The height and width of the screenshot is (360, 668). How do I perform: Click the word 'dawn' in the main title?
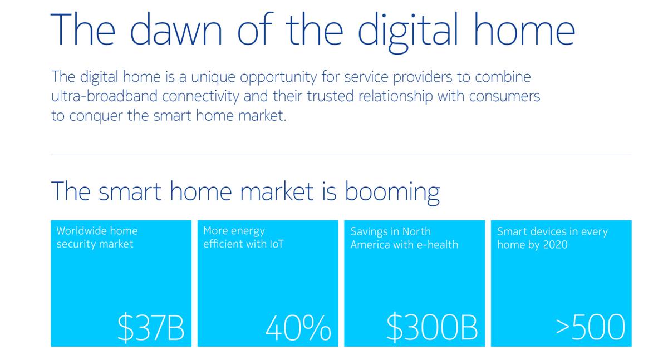(x=176, y=29)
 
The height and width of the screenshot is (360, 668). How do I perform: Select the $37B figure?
(x=151, y=327)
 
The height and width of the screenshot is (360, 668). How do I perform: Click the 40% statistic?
(x=298, y=328)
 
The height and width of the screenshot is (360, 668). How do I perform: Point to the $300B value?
(x=432, y=327)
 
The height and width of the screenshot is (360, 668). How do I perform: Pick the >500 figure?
(x=591, y=327)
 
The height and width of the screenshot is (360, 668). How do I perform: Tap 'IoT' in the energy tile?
(x=276, y=244)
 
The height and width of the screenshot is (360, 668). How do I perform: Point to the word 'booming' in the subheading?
(x=392, y=192)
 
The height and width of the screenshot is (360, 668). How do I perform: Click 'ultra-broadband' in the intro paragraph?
(x=105, y=96)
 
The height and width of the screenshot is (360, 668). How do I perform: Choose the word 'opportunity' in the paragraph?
(x=278, y=78)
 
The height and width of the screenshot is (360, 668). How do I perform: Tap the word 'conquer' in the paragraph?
(x=96, y=116)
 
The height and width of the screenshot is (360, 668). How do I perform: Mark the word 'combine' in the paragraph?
(x=503, y=77)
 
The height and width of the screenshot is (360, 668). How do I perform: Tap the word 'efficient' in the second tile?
(x=219, y=244)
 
